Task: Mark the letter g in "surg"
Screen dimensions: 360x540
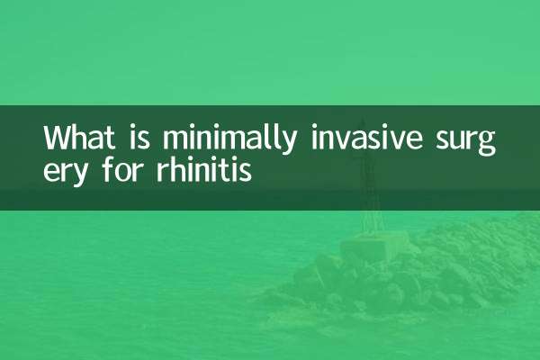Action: (x=486, y=144)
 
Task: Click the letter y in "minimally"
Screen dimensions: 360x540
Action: (x=287, y=144)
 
